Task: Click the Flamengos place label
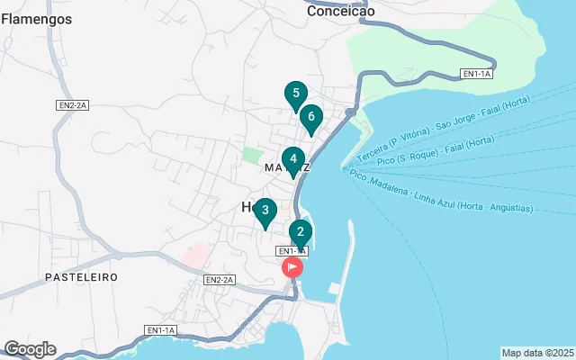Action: pos(37,18)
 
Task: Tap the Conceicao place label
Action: pos(340,12)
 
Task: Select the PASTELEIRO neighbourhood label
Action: pos(82,277)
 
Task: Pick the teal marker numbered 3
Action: pos(264,211)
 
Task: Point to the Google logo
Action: pos(30,349)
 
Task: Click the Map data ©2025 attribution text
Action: pos(537,353)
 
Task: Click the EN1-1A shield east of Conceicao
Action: pos(476,74)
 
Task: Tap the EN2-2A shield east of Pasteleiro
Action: pos(219,280)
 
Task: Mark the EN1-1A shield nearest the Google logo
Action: pos(161,330)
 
